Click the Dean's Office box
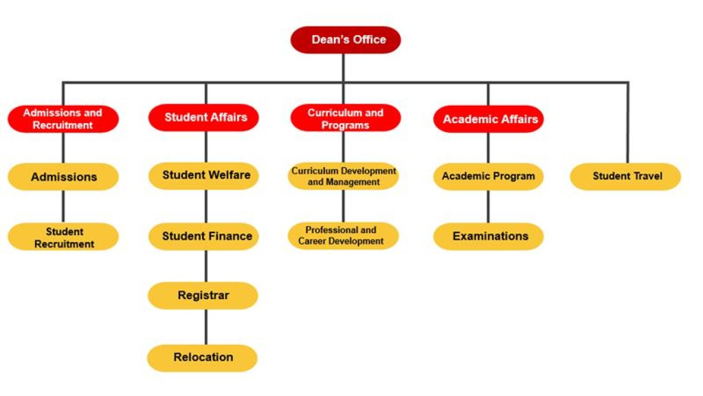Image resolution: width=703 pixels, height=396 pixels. tap(345, 40)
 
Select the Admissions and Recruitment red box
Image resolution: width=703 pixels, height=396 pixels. tap(63, 119)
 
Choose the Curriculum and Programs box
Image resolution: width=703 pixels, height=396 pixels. tap(345, 118)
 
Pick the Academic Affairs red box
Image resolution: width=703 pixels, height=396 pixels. tap(488, 119)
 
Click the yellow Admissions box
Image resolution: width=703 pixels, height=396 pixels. tap(63, 177)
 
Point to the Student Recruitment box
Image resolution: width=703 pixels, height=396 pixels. tap(63, 237)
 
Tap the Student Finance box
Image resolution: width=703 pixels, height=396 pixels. tap(205, 237)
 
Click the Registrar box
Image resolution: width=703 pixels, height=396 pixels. tap(203, 295)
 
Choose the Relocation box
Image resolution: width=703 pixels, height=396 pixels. tap(203, 358)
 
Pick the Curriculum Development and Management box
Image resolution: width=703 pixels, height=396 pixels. tap(343, 176)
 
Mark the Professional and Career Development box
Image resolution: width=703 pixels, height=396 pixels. tap(343, 236)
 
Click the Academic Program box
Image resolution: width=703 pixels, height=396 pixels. tap(488, 177)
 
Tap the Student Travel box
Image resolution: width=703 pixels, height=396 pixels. tap(626, 177)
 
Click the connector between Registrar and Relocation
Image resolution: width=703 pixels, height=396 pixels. tap(206, 327)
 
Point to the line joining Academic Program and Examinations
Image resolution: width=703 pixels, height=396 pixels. tap(488, 207)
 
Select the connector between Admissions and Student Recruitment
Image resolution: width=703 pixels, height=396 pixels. tap(63, 207)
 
